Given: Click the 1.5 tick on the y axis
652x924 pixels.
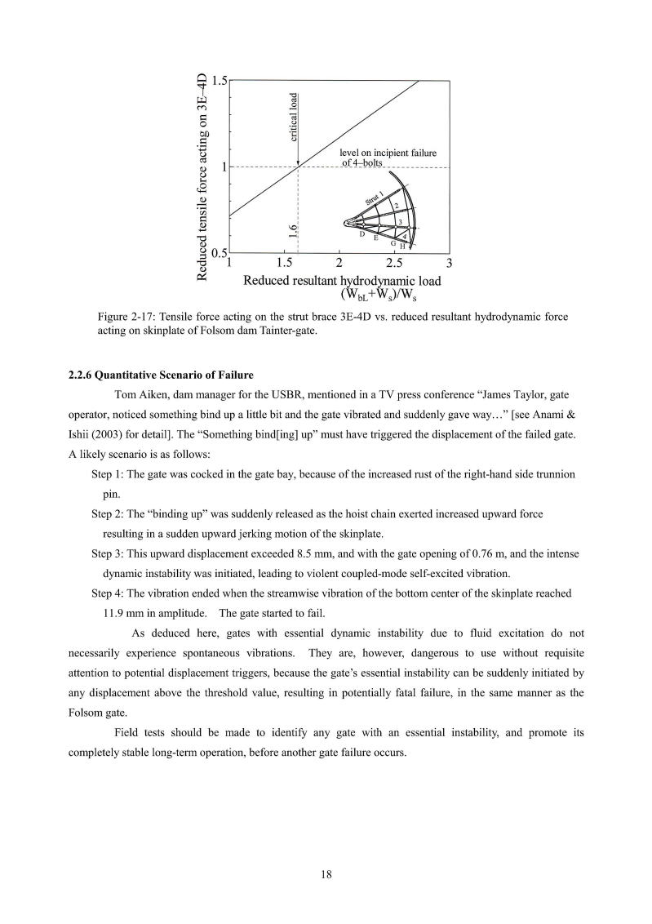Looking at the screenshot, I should [218, 81].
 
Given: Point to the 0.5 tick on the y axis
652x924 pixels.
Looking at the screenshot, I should [218, 253].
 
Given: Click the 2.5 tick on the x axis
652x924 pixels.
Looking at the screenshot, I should [394, 264].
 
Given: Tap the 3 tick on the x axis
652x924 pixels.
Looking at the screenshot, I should [450, 264].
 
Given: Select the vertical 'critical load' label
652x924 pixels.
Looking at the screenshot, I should [294, 118].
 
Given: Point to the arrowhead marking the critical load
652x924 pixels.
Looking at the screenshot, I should [298, 163].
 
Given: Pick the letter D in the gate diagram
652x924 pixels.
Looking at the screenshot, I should [361, 233].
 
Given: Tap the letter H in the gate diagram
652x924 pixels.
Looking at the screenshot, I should [401, 246].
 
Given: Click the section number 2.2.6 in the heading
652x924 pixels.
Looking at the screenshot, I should [80, 375].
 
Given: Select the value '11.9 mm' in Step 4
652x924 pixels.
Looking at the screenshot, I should [123, 613].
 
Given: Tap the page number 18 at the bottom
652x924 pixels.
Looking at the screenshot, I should [326, 875].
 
